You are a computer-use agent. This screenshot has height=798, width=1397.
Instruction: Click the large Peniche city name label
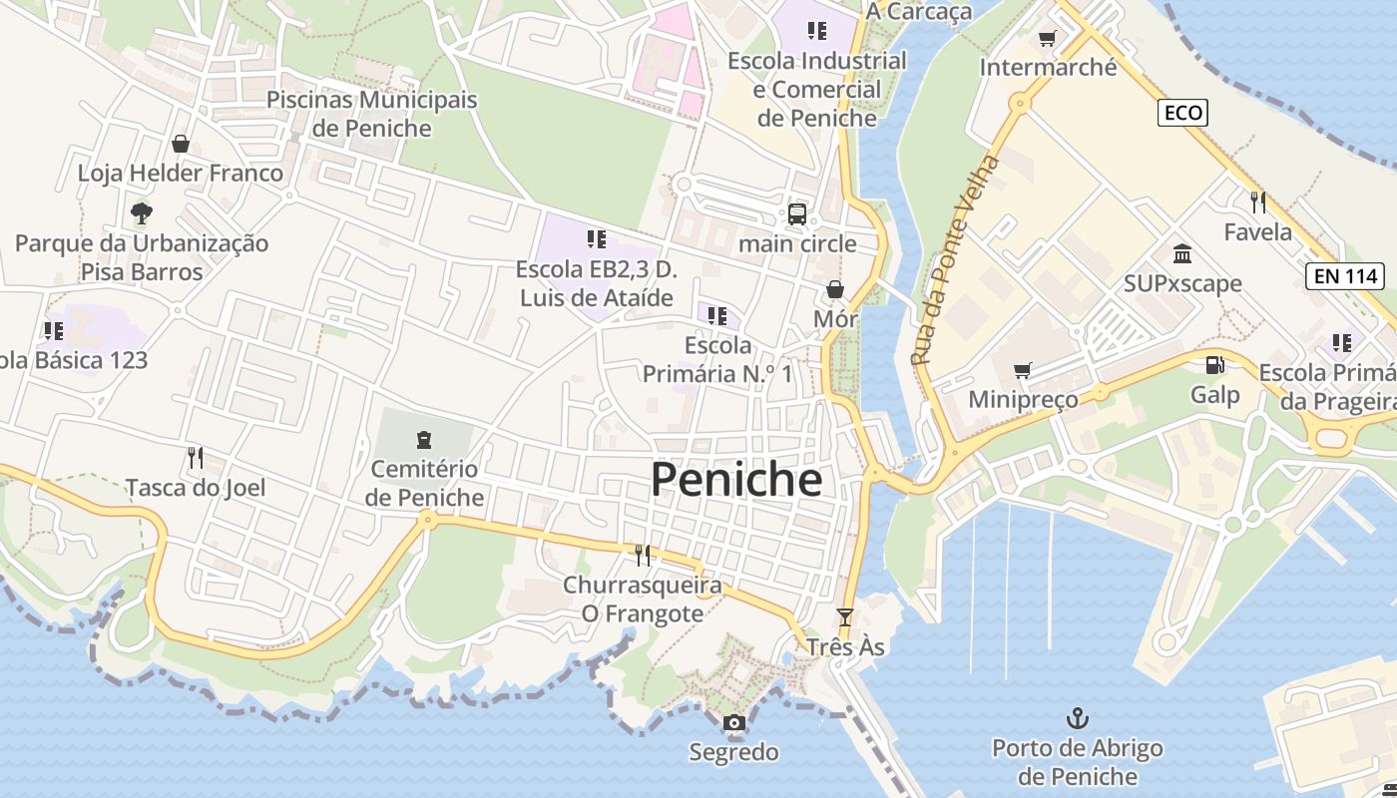click(x=736, y=480)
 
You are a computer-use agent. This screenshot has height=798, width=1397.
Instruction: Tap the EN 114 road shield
click(x=1346, y=276)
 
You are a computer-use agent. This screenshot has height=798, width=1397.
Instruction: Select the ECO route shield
click(x=1183, y=113)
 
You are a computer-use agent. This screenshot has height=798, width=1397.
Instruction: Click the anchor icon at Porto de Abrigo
click(x=1077, y=717)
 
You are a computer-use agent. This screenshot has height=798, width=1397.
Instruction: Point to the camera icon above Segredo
click(x=734, y=722)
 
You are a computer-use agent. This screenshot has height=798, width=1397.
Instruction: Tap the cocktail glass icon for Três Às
click(x=845, y=617)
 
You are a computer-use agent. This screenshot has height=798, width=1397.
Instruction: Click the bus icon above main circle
click(x=796, y=213)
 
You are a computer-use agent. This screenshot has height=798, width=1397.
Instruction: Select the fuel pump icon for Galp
click(x=1214, y=366)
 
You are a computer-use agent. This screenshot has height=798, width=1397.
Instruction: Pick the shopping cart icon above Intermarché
click(x=1048, y=39)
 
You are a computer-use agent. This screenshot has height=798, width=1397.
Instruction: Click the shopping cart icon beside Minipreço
click(x=1022, y=371)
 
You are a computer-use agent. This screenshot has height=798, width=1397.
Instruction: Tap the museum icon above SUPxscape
click(x=1182, y=253)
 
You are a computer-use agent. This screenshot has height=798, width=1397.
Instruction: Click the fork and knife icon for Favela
click(x=1257, y=202)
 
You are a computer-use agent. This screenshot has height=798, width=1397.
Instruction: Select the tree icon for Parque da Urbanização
click(x=141, y=212)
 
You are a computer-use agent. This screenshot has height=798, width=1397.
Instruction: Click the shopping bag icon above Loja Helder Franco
click(x=181, y=144)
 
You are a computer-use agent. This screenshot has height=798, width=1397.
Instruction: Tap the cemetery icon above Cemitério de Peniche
click(x=424, y=439)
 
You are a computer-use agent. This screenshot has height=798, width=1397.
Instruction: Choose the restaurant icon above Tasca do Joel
click(x=196, y=458)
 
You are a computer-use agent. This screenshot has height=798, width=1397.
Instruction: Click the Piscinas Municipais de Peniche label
click(x=371, y=114)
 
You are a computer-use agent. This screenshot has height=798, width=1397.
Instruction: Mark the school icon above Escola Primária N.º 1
click(x=716, y=316)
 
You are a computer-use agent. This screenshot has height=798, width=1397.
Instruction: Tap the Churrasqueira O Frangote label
click(x=642, y=598)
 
